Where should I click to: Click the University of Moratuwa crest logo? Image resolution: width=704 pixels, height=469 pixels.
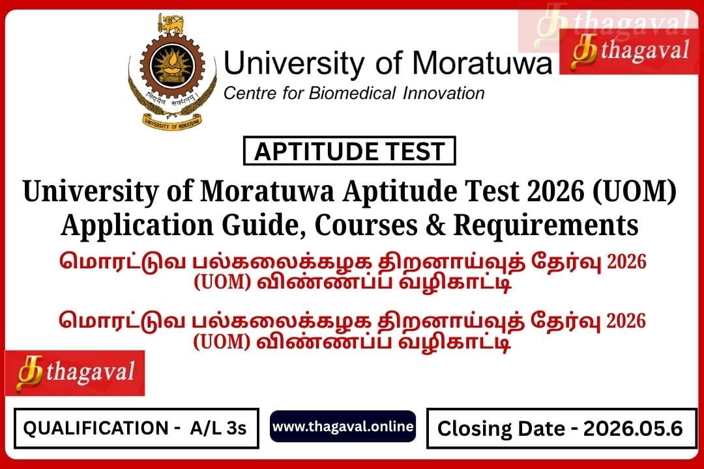[173, 72]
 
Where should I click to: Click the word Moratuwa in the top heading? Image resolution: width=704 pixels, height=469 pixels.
[482, 63]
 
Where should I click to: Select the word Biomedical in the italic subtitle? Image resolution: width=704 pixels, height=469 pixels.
[352, 93]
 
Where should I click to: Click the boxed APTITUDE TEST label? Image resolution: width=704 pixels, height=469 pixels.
[349, 151]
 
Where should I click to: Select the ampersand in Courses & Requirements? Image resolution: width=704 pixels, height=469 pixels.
[435, 225]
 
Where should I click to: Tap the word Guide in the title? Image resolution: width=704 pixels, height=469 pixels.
[260, 225]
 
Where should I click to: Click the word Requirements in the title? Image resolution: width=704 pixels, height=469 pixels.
[546, 225]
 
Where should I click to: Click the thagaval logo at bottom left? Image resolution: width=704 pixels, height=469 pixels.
[75, 373]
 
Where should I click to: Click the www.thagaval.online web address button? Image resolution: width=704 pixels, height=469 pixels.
[343, 427]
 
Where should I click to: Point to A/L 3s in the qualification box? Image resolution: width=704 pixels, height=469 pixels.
[218, 428]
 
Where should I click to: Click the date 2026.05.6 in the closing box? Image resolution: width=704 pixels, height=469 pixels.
[633, 429]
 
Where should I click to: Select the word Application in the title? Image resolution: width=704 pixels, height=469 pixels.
[137, 225]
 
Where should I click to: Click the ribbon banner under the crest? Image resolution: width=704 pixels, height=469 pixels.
[172, 121]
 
